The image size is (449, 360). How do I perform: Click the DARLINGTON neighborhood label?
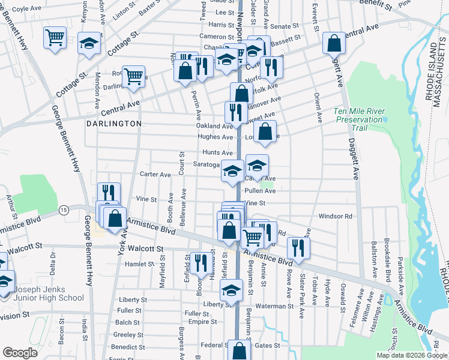[113, 123]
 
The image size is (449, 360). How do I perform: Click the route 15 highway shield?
[64, 209]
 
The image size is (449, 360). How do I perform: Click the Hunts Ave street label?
[217, 153]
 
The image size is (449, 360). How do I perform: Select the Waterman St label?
[273, 306]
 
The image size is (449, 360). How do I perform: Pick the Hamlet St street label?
[140, 263]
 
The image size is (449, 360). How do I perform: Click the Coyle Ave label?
[26, 9]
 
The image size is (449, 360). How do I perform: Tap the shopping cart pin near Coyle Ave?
[55, 37]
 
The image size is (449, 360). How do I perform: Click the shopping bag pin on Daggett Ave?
[333, 43]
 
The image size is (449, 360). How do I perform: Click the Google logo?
[20, 353]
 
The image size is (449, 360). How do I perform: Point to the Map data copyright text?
[411, 355]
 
